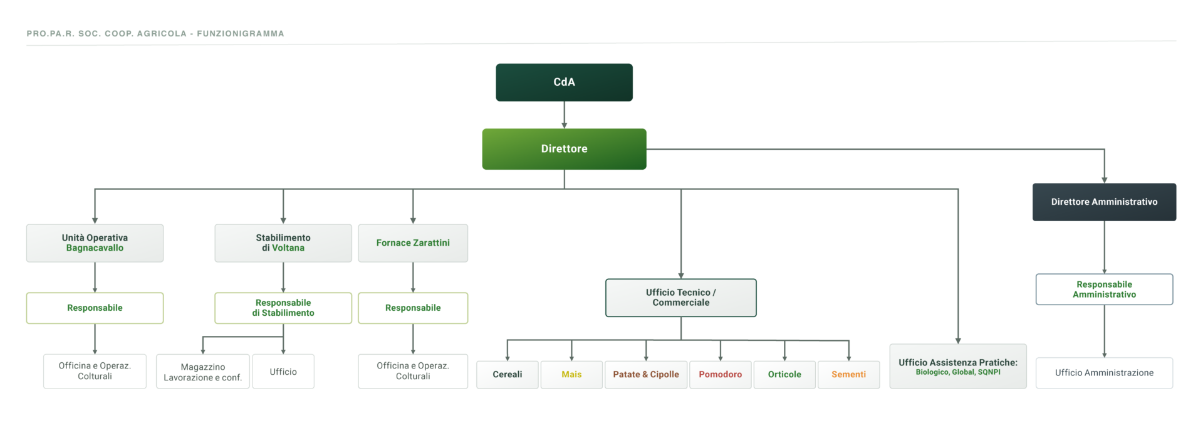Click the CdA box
(x=564, y=82)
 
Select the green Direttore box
(x=564, y=149)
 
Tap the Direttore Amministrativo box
(x=1104, y=202)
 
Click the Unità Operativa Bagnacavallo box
(x=95, y=243)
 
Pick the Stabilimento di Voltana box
(x=283, y=243)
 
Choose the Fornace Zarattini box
(x=413, y=243)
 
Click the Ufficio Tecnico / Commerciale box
(x=681, y=298)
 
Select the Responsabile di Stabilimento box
(x=283, y=308)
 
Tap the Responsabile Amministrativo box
(x=1104, y=290)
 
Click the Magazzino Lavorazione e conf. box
(x=203, y=372)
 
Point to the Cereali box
(x=508, y=375)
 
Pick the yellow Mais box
(x=571, y=375)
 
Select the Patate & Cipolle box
(x=646, y=375)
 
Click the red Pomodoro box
(x=721, y=375)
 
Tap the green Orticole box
(x=784, y=375)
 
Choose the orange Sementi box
(x=849, y=375)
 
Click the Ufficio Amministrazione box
(x=1104, y=373)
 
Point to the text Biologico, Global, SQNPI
(x=958, y=372)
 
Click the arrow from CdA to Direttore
(x=564, y=115)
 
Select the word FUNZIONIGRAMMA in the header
(x=241, y=34)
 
